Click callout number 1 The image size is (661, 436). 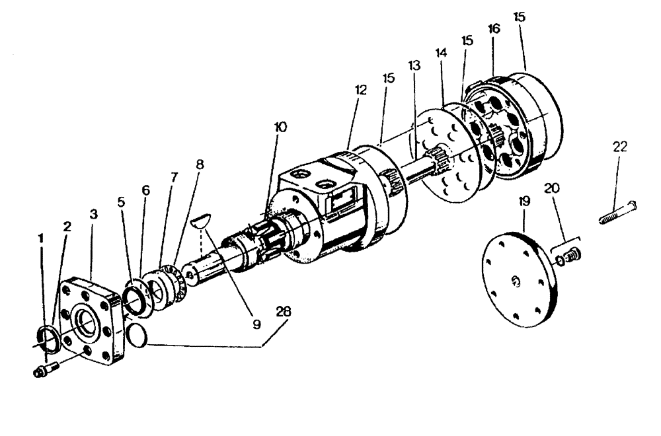(x=41, y=237)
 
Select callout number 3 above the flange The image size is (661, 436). (x=94, y=215)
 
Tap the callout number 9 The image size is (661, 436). (x=256, y=324)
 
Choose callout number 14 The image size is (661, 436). (x=441, y=52)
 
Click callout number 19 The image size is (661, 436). (x=524, y=200)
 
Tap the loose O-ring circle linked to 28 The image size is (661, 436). (x=136, y=334)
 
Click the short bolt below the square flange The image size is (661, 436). (x=45, y=369)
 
